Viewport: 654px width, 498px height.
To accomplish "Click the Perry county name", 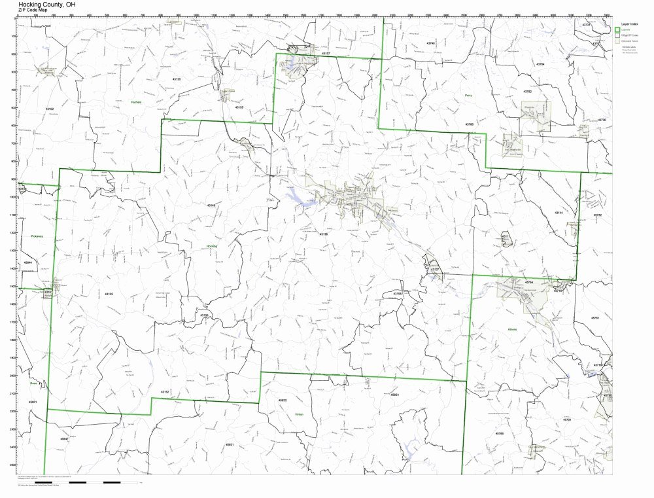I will [468, 96].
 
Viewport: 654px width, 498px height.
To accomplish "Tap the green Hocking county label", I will [211, 246].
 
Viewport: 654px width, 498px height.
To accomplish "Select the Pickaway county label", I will [36, 236].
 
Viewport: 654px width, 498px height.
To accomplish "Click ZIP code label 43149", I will [211, 205].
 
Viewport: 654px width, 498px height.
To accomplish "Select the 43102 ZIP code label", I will [50, 109].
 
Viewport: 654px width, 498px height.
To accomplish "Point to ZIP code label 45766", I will [499, 433].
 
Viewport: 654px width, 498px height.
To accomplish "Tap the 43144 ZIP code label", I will [558, 213].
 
